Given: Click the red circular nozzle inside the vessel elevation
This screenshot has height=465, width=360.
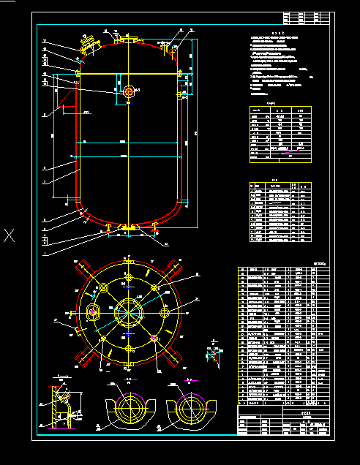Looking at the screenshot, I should (x=129, y=91).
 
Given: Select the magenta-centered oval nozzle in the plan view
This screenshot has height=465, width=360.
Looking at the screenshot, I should (x=93, y=313).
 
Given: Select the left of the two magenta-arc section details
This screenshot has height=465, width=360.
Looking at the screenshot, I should (x=130, y=409).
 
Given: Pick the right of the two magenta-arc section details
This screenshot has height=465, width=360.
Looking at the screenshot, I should (x=190, y=409).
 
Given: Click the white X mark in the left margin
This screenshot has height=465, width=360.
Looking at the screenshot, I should (x=10, y=235).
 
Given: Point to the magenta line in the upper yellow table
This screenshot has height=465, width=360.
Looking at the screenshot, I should (x=284, y=150).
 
